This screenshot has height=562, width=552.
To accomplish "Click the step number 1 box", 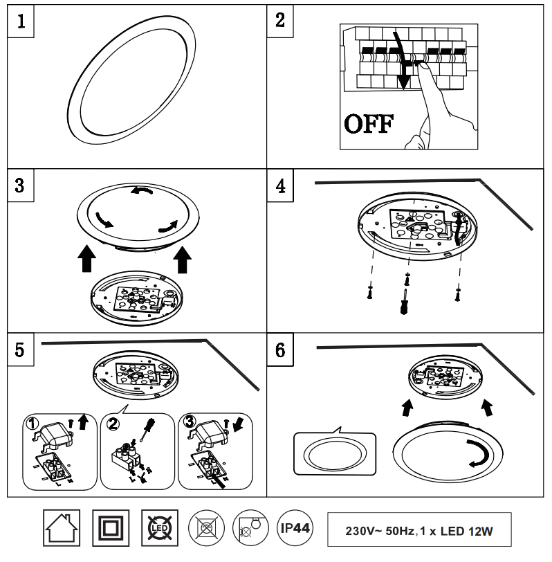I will (21, 21).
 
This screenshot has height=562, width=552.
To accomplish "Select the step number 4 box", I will (280, 187).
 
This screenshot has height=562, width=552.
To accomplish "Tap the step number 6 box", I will (280, 351).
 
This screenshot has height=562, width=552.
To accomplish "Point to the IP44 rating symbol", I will (295, 529).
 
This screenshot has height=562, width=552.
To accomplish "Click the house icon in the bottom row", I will (62, 529).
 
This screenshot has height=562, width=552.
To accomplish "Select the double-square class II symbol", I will (110, 529).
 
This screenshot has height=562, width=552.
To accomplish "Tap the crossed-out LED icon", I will (158, 529).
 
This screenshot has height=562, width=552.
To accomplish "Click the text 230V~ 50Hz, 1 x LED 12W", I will (419, 531).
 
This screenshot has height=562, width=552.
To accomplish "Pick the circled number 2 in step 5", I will (114, 422).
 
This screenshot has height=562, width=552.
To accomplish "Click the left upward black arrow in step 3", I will (87, 259).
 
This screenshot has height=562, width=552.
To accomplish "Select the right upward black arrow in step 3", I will (183, 260).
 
